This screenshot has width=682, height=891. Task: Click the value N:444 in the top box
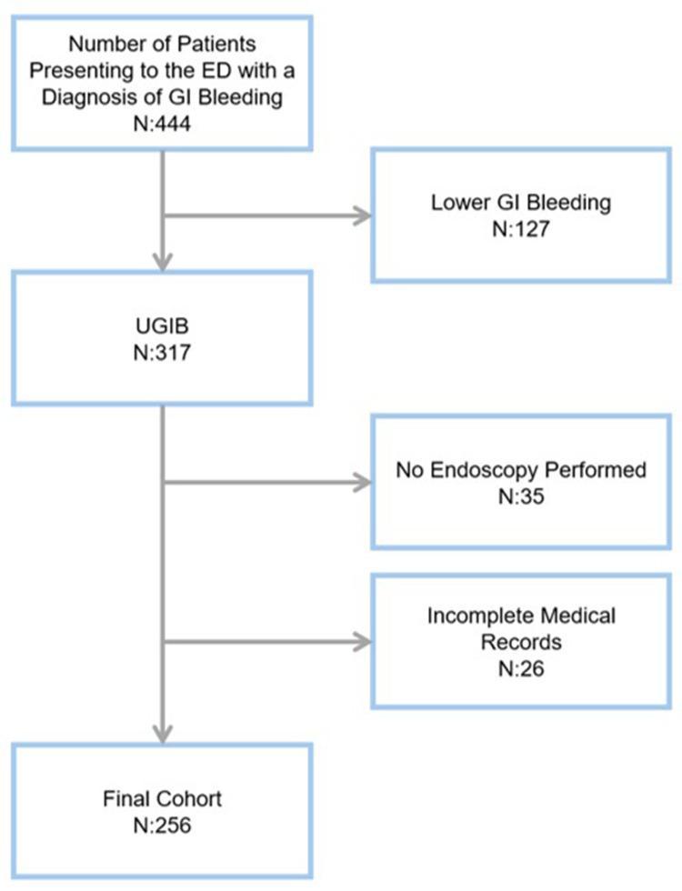point(163,119)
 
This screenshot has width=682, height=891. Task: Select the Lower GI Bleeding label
point(521,202)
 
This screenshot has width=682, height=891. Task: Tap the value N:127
point(521,226)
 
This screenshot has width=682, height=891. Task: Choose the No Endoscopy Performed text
point(521,471)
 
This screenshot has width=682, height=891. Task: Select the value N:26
point(521,665)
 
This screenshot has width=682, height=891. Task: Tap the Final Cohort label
point(163,801)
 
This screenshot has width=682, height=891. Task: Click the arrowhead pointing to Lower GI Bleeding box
point(365,215)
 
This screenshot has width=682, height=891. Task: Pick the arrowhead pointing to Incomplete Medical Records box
point(365,642)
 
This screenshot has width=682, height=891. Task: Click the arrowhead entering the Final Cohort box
point(163,735)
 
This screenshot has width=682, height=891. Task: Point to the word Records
point(521,640)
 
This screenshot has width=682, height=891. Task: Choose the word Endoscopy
point(506,471)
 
